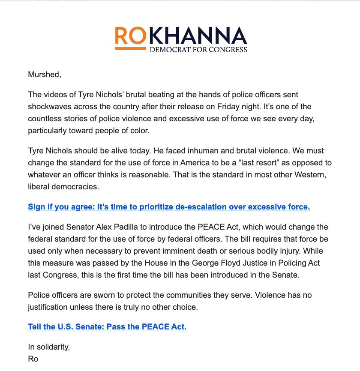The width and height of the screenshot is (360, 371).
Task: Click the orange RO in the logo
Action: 130,36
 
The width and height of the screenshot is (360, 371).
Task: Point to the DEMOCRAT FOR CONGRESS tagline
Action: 198,50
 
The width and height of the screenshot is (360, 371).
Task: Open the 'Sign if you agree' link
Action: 169,207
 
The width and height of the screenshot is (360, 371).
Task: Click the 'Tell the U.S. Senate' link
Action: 107,327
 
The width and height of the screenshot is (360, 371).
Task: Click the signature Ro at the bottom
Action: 33,359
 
